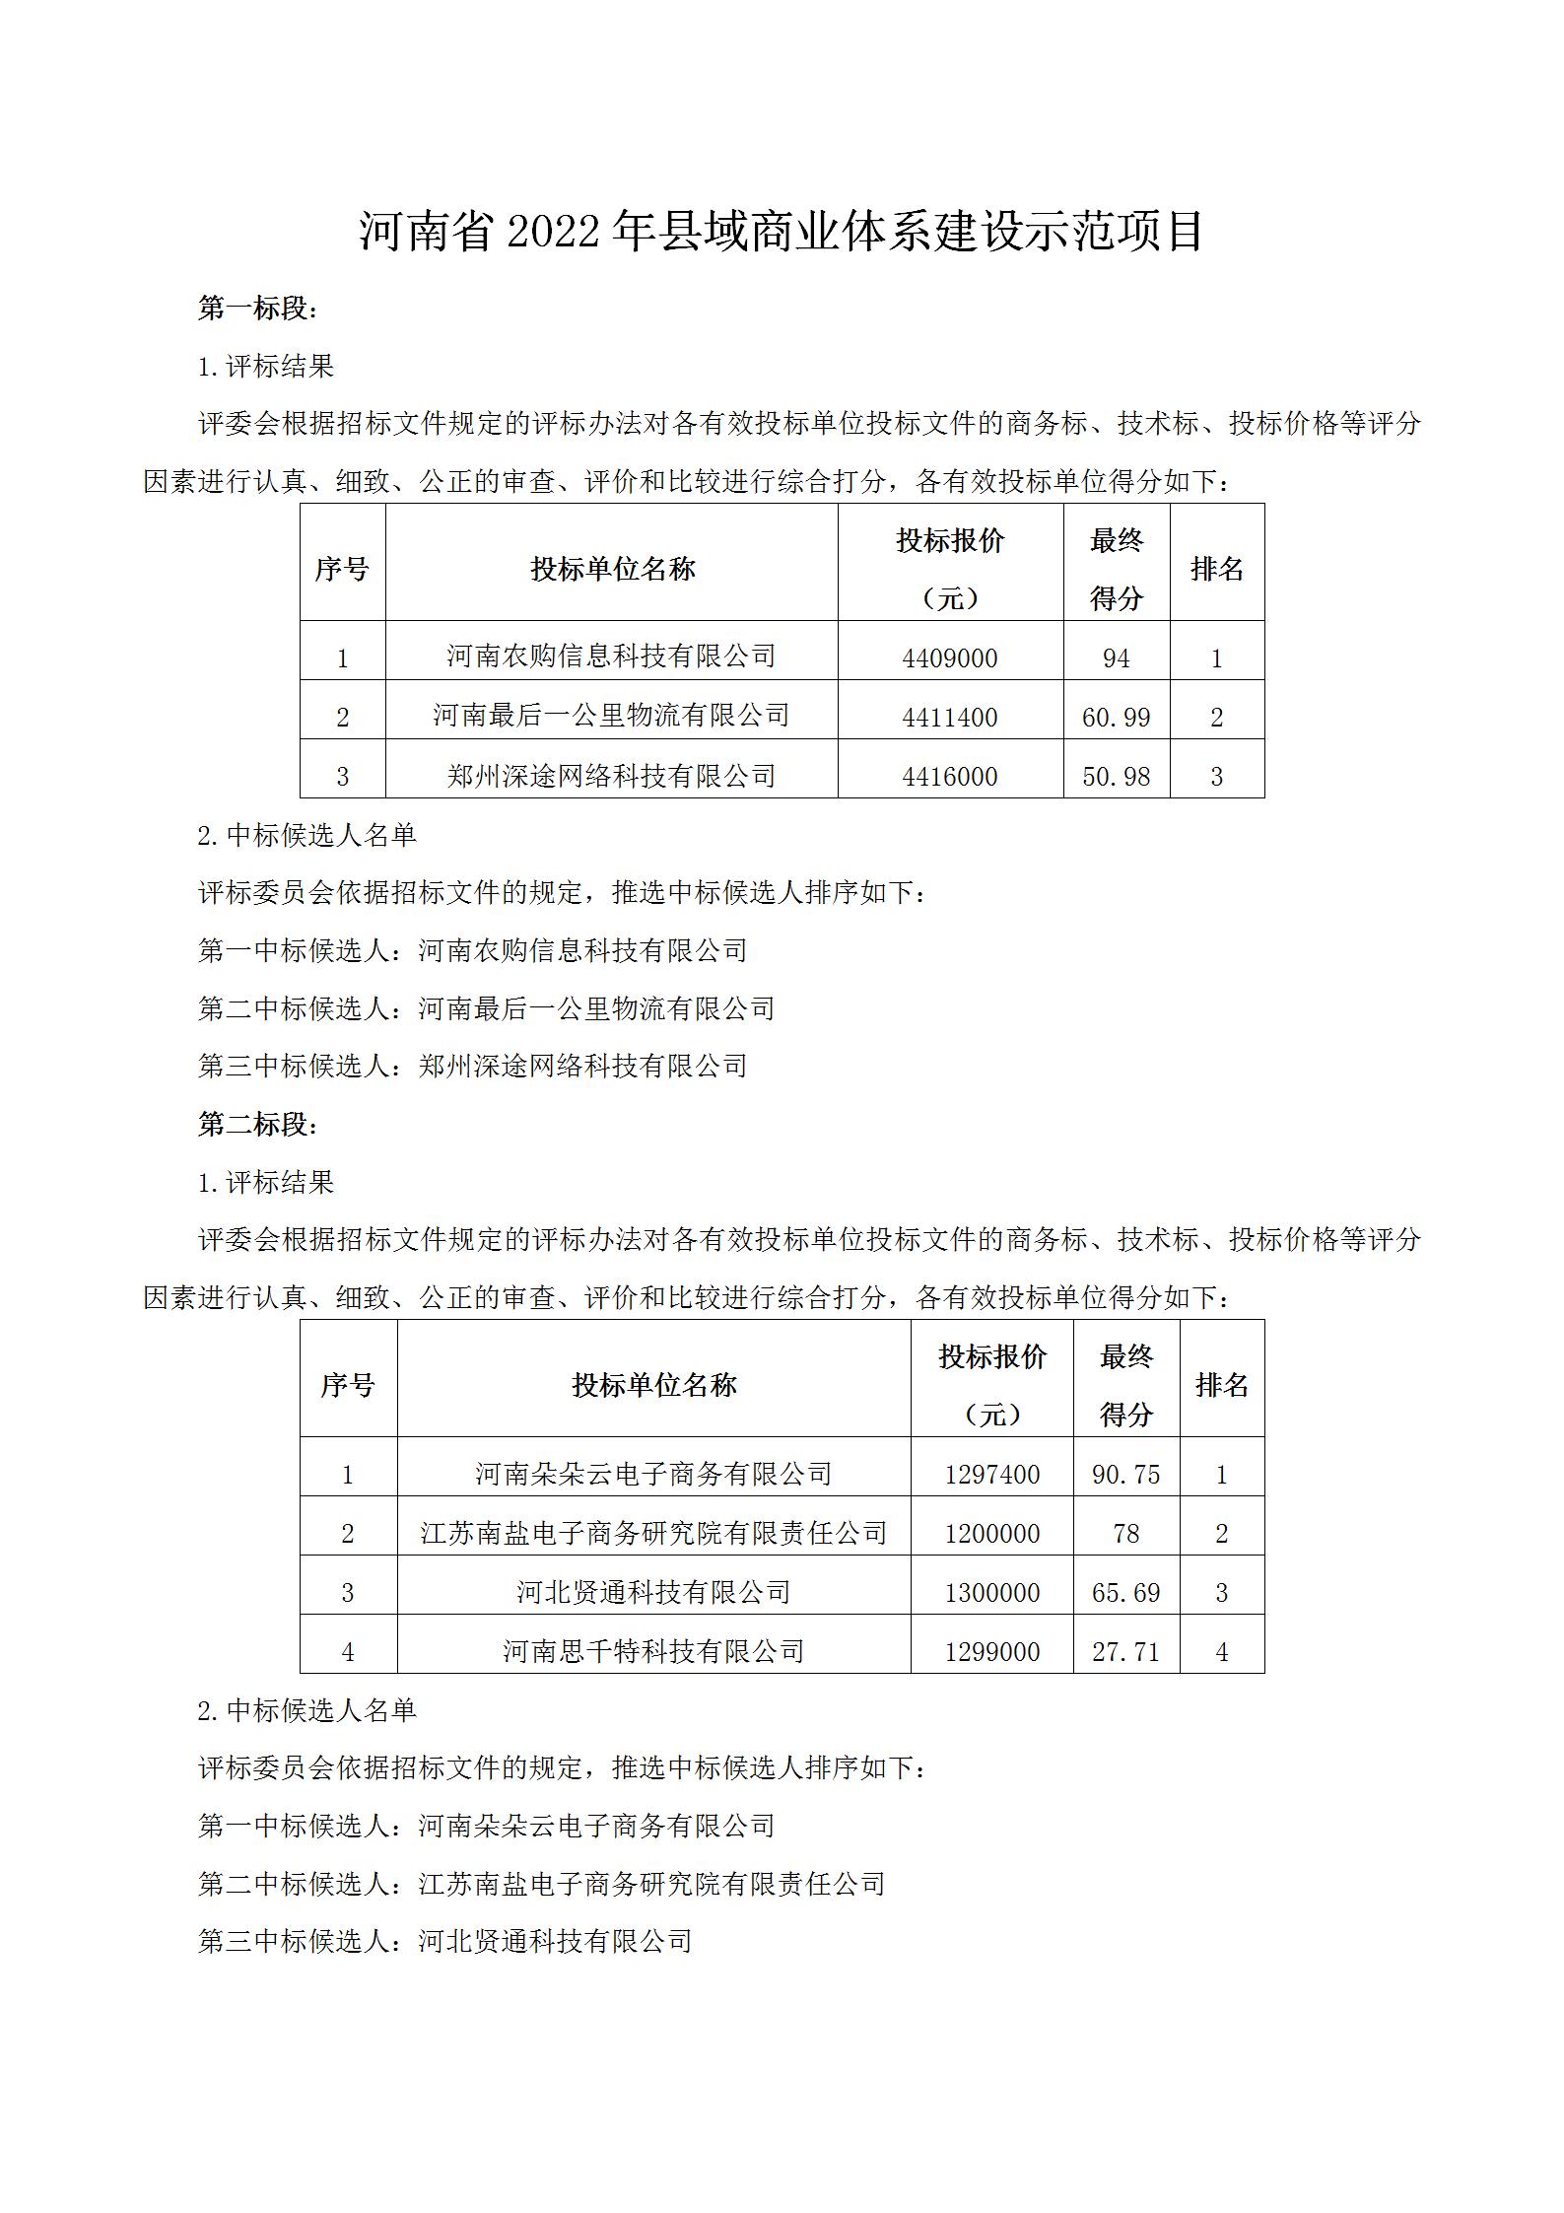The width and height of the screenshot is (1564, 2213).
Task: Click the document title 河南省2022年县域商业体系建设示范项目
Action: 782,233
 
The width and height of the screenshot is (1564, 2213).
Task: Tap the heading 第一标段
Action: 258,309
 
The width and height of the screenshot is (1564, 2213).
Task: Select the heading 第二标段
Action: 258,1125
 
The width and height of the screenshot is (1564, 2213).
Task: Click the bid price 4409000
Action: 950,657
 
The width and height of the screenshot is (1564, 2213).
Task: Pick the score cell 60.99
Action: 1116,717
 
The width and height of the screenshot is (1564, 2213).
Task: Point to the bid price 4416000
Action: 950,776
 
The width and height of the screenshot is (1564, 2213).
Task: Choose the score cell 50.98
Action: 1116,776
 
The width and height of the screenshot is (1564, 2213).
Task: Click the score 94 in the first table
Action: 1116,657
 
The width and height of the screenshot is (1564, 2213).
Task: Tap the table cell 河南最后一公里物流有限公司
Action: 611,715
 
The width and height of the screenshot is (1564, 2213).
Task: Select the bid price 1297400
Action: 991,1474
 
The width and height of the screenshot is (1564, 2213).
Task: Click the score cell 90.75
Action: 1125,1474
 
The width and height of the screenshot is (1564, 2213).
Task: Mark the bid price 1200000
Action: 991,1533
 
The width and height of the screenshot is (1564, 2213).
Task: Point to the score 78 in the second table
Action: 1125,1533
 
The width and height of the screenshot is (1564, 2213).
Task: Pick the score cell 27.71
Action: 1125,1651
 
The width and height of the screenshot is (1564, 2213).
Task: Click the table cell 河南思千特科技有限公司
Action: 653,1650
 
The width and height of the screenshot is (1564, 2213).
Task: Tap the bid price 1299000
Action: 991,1651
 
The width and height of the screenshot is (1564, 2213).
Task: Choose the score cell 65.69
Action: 1125,1592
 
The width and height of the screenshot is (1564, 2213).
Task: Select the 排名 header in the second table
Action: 1221,1385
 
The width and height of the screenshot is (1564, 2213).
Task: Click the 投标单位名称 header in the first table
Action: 612,569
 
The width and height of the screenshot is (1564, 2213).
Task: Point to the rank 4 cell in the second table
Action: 1221,1651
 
